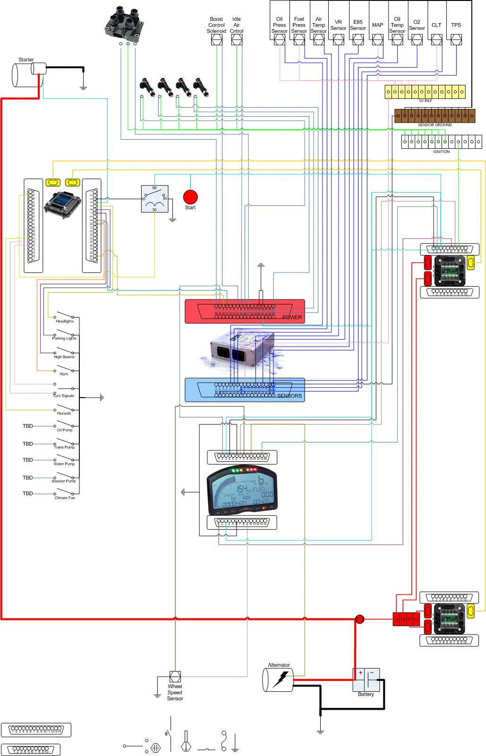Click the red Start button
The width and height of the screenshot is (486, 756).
point(190,197)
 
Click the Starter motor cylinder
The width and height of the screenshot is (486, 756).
point(27,75)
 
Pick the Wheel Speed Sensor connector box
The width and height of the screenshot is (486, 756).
point(175,677)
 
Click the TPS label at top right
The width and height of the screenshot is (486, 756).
point(456,25)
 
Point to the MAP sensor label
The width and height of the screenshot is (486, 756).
point(377,25)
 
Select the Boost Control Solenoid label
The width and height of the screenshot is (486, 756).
point(216,25)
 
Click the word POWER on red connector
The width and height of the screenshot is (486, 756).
point(292,317)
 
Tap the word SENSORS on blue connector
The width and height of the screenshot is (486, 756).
point(290,396)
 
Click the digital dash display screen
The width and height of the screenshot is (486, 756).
point(242,491)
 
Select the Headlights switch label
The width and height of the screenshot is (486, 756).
point(65,321)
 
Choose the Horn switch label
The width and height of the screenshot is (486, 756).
point(64,374)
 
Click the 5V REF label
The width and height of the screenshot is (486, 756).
point(425,101)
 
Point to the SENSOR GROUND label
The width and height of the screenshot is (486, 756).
point(435,125)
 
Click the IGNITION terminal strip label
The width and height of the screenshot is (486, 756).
point(441,152)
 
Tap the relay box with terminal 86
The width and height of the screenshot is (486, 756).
point(154,199)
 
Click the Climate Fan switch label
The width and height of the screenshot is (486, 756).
point(65,498)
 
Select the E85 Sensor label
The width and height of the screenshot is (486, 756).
point(358,25)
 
